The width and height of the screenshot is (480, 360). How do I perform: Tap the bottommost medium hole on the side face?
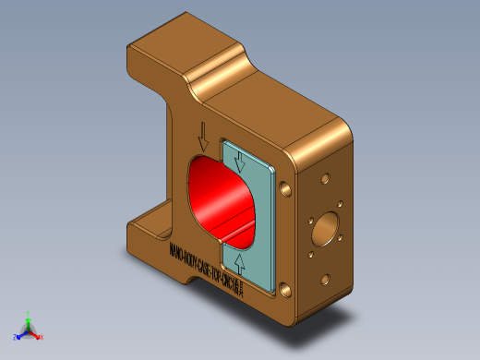click(324, 279)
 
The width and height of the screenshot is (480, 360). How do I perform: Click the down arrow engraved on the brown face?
click(203, 137)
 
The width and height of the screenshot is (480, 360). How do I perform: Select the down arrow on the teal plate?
click(241, 162)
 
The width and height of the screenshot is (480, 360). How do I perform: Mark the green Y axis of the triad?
click(29, 318)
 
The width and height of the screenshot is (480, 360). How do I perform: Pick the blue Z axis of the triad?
click(19, 335)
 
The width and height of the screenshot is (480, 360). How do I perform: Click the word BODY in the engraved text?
click(188, 256)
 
